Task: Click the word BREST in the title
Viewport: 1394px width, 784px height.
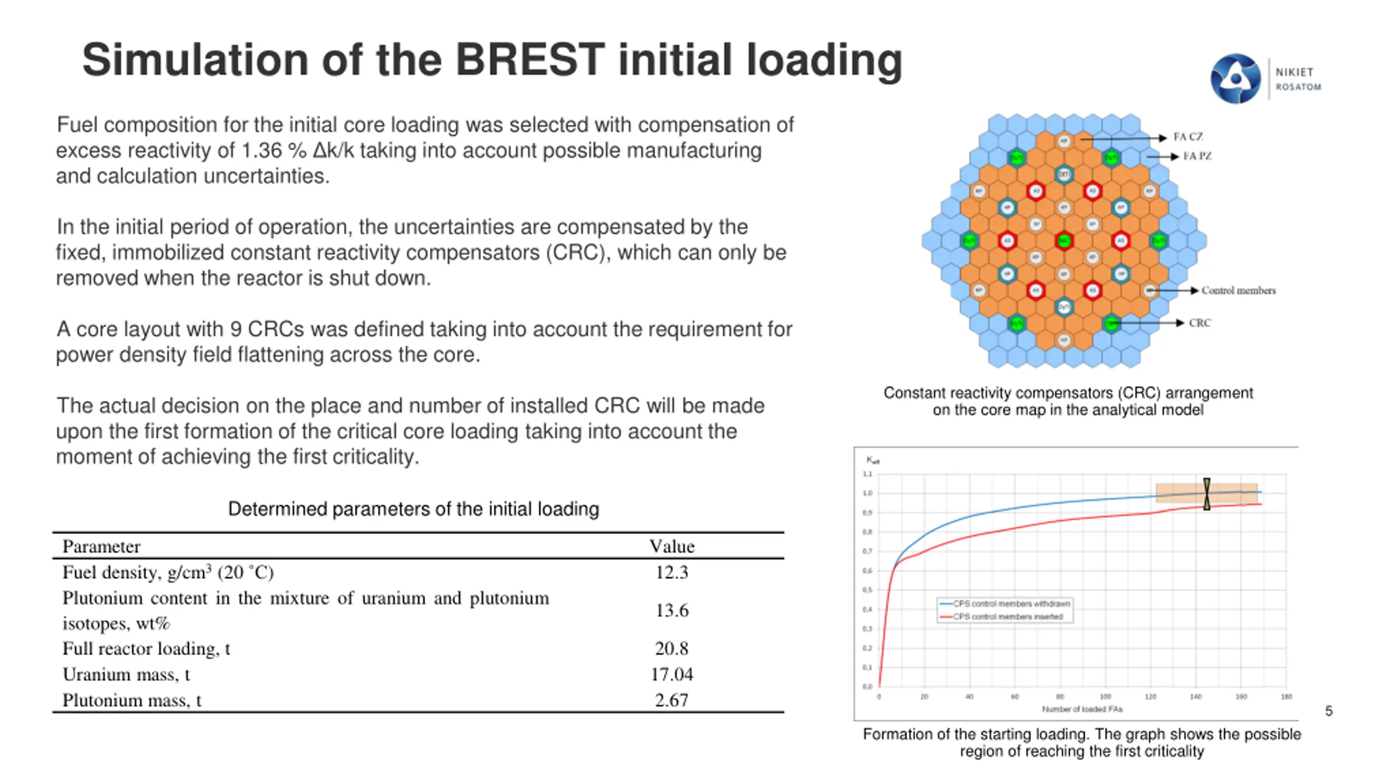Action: [x=529, y=60]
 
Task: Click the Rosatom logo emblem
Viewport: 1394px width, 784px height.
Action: [x=1235, y=79]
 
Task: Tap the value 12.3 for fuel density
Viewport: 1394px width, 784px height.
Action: [x=671, y=572]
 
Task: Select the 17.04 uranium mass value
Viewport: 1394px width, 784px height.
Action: [x=671, y=674]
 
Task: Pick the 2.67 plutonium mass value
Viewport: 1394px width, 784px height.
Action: [x=671, y=700]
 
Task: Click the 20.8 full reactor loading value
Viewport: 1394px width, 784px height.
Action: [x=671, y=648]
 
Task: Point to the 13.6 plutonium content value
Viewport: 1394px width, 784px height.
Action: [x=671, y=610]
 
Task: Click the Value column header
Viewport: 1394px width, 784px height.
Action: [x=671, y=546]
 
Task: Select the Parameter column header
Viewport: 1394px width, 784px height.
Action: [x=101, y=546]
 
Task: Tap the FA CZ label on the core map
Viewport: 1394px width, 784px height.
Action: [x=1188, y=137]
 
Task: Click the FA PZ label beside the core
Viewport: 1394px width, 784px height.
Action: [x=1197, y=156]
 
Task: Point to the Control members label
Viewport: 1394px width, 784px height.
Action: [x=1238, y=290]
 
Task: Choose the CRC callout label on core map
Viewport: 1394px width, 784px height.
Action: [x=1200, y=323]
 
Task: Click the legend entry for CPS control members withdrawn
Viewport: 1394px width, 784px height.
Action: [x=1011, y=603]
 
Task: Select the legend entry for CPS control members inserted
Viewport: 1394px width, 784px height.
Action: [x=1007, y=616]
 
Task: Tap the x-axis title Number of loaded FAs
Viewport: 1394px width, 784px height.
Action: [x=1082, y=709]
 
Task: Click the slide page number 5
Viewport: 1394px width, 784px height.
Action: [x=1329, y=711]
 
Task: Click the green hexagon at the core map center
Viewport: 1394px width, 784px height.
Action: [x=1063, y=241]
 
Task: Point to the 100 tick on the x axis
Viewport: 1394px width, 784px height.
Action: [x=1105, y=697]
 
